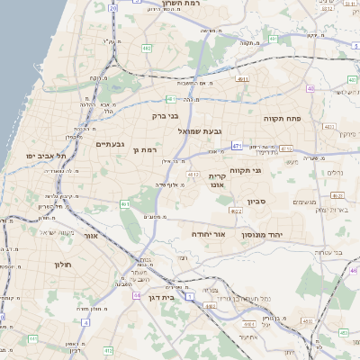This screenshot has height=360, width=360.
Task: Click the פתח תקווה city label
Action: (282, 118)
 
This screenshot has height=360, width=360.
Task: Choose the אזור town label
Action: (90, 235)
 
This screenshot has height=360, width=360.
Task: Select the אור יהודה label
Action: (208, 233)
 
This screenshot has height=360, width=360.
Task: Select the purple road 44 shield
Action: (136, 295)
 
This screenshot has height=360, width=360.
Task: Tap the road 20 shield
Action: (112, 7)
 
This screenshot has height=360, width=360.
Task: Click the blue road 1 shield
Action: (190, 295)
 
